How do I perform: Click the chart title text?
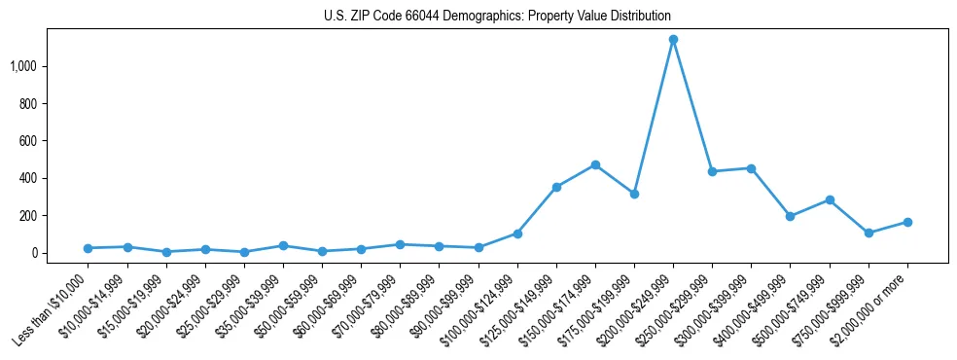(497, 17)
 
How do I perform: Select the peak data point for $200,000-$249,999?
(673, 40)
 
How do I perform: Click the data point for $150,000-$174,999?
(595, 165)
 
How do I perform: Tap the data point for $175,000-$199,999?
(634, 194)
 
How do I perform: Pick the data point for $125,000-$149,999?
(556, 187)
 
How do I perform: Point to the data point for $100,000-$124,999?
(517, 234)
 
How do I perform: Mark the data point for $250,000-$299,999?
(712, 171)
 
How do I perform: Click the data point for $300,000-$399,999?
(751, 168)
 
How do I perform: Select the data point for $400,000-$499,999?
(790, 216)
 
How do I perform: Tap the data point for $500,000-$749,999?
(830, 199)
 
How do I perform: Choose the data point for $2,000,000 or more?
(907, 222)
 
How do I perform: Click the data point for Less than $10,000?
(89, 248)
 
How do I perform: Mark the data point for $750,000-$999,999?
(868, 233)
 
